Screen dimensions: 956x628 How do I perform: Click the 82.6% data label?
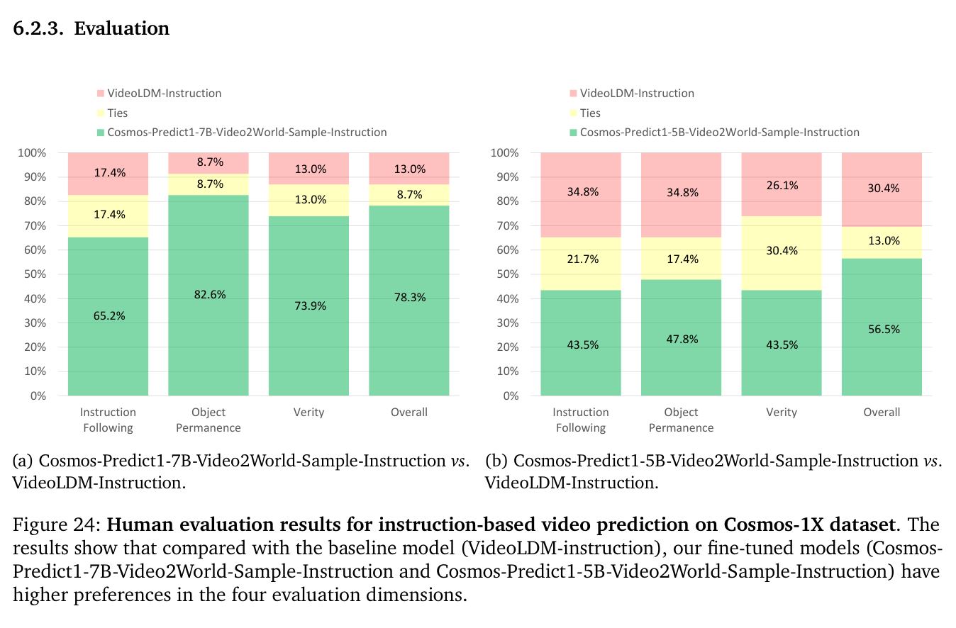[x=209, y=295]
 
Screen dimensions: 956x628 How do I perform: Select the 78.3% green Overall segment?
[x=409, y=301]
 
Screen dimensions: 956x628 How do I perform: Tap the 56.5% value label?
[x=884, y=330]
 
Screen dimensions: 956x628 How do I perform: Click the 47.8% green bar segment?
[x=681, y=337]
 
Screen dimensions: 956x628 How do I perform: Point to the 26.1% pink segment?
[x=782, y=184]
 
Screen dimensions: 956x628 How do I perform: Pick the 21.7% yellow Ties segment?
[x=581, y=264]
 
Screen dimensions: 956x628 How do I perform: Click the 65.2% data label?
[x=109, y=316]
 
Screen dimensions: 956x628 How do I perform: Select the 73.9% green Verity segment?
[x=309, y=306]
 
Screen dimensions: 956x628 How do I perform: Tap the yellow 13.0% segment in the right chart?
[x=882, y=242]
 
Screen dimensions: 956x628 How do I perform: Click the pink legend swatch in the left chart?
[x=101, y=94]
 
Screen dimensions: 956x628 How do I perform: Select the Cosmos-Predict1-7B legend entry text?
[x=247, y=133]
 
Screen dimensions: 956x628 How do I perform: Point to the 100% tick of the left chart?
[x=32, y=152]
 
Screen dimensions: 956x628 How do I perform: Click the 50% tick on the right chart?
[x=508, y=274]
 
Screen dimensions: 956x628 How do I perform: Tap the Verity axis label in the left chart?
[x=309, y=412]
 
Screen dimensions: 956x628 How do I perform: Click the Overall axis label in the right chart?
[x=882, y=412]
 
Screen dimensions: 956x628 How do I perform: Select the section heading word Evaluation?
[x=122, y=28]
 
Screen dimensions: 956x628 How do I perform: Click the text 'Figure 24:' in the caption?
[x=56, y=525]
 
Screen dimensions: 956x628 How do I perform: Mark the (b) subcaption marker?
[x=496, y=461]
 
